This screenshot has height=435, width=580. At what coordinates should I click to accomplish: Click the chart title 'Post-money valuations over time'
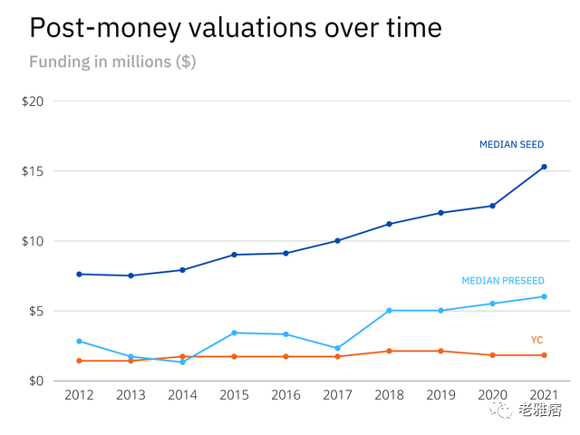[235, 27]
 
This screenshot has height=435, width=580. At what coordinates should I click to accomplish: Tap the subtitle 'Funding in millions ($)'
[112, 63]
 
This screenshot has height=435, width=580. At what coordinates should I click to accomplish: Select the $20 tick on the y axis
[33, 101]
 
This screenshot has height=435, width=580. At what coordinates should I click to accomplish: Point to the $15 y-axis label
[33, 171]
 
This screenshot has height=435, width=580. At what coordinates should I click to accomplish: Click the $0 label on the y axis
[35, 382]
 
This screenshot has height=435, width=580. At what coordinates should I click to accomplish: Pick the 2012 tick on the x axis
[79, 396]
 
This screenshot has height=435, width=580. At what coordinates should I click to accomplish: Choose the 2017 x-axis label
[337, 396]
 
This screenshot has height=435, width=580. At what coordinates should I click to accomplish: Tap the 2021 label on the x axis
[544, 396]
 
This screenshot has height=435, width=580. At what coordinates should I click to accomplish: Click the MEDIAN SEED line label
[511, 144]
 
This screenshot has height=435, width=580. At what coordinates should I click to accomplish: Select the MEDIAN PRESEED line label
[503, 281]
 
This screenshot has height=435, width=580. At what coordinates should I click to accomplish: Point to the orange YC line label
[536, 340]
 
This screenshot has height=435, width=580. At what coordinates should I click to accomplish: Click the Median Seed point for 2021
[544, 167]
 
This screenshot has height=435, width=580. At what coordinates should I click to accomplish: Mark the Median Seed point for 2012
[79, 274]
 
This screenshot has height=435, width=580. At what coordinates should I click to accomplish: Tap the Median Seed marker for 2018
[389, 224]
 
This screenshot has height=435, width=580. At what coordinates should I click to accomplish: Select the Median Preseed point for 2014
[182, 362]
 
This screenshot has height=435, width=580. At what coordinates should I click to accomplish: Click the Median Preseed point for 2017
[337, 348]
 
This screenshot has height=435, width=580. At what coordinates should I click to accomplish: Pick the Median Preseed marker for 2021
[544, 296]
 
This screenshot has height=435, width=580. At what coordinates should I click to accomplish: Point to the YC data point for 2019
[440, 351]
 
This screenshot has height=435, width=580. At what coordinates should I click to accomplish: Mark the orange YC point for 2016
[285, 356]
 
